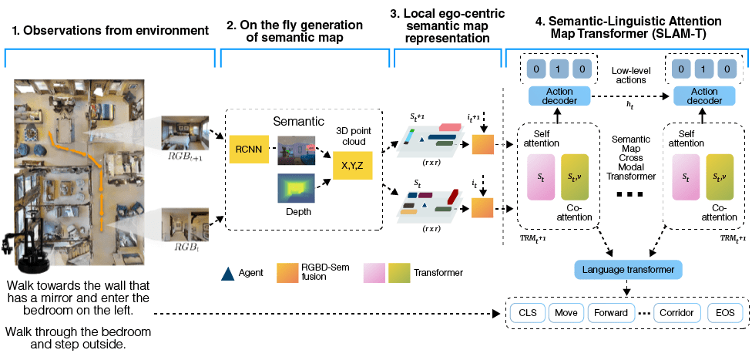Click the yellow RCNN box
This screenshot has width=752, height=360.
tap(249, 149)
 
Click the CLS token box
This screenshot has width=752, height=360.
tap(527, 314)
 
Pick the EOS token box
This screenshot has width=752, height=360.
tap(725, 314)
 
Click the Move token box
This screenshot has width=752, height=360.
tap(566, 314)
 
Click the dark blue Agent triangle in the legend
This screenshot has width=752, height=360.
tap(227, 273)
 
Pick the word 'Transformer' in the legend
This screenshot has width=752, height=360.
tap(438, 272)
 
